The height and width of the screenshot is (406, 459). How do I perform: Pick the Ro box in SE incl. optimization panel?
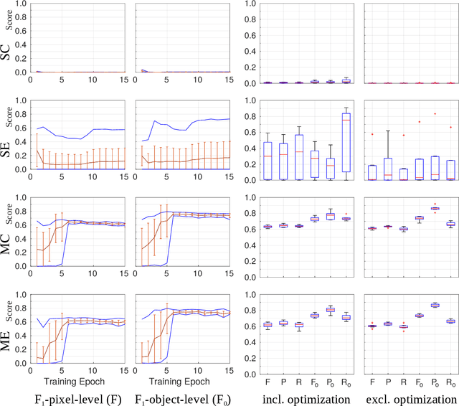tap(346, 132)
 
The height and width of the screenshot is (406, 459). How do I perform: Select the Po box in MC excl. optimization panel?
tap(435, 209)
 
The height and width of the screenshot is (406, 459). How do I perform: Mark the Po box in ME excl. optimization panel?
tap(435, 305)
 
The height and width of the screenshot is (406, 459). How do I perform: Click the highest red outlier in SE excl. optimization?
tap(435, 113)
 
